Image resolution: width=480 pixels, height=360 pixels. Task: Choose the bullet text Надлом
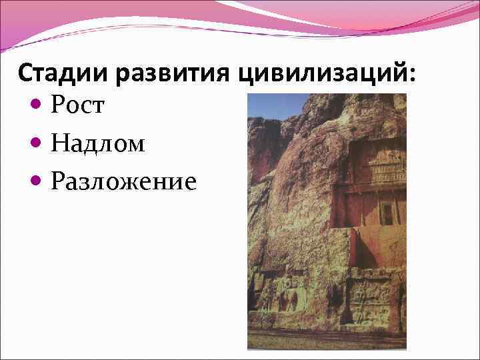pos(97,143)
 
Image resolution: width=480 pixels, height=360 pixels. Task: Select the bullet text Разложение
pos(123,181)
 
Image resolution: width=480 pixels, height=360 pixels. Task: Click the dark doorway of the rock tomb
pos(386,213)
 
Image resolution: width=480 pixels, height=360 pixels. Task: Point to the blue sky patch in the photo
pos(277,105)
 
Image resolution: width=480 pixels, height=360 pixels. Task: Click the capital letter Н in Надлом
pos(58,143)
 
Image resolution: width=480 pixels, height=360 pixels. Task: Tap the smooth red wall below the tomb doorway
pos(377,248)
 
